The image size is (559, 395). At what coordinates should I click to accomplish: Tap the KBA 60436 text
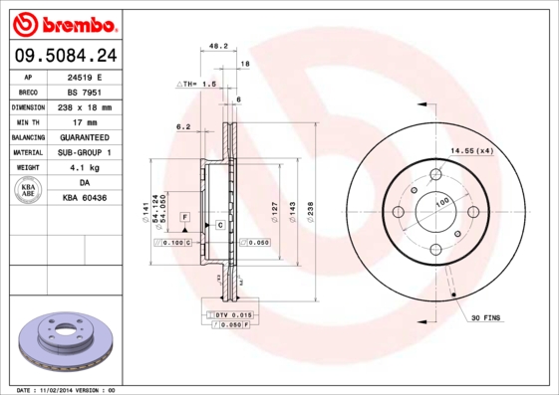[85, 198]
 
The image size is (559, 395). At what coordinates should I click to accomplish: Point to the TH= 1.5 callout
[197, 85]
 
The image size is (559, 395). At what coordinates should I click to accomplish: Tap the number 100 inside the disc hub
[441, 202]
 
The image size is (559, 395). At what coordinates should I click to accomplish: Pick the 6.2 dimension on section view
[182, 126]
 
